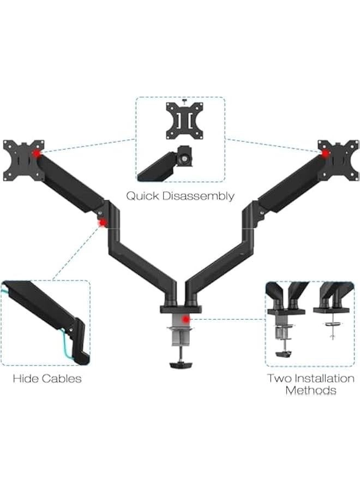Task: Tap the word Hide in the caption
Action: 25,378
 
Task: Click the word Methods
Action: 311,390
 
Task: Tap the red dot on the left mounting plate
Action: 37,154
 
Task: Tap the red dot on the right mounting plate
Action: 326,153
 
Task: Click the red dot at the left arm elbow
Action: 102,222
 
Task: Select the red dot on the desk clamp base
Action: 187,319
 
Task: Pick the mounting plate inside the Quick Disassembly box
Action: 180,117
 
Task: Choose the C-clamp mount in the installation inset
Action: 286,333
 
